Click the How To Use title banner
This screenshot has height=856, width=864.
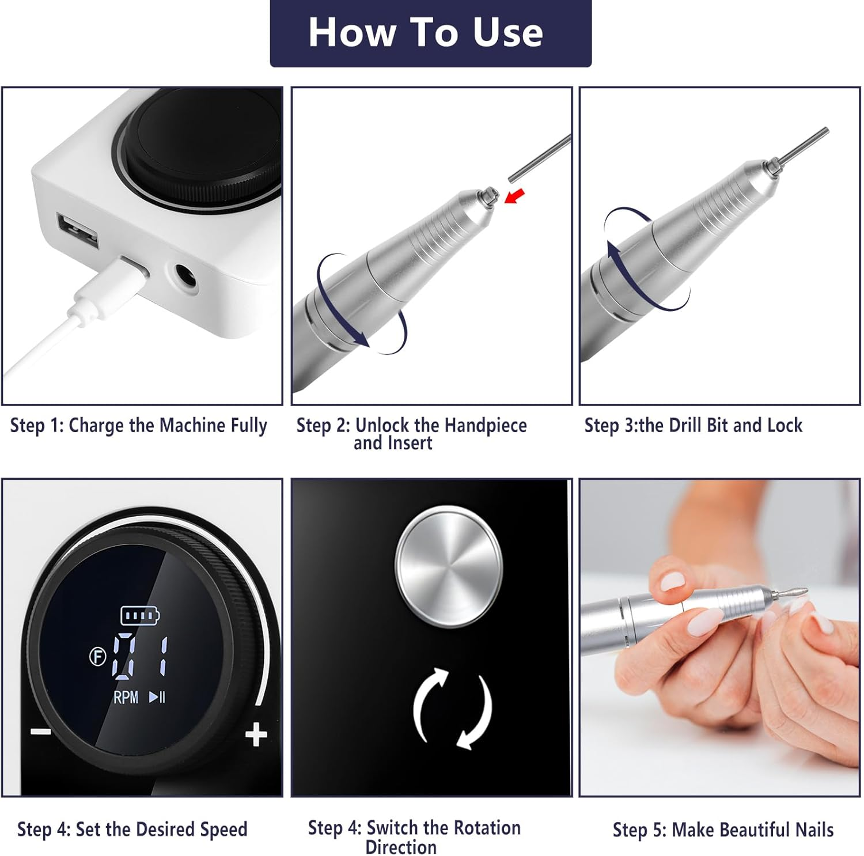[430, 33]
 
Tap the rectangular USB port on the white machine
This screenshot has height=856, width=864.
[77, 232]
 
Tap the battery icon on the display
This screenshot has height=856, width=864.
[140, 615]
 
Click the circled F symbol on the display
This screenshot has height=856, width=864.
[98, 657]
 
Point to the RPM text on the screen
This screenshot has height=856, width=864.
[126, 698]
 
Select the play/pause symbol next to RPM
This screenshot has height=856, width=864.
[157, 697]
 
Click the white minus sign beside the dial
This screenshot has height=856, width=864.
[40, 732]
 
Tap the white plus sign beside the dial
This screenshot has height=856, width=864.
[256, 735]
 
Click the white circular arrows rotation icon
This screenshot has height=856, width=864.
[452, 709]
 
